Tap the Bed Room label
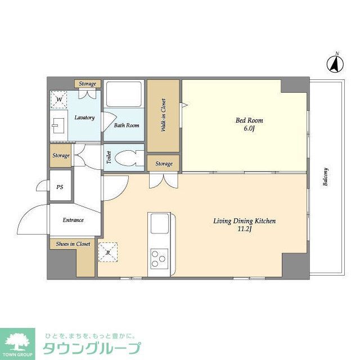(x=248, y=120)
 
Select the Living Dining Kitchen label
(x=244, y=221)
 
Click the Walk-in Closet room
(x=163, y=115)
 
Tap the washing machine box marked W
(x=58, y=100)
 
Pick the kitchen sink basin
(x=157, y=226)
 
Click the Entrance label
(x=73, y=220)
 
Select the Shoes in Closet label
(x=73, y=244)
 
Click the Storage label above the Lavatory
(x=87, y=84)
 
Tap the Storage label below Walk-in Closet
(x=164, y=164)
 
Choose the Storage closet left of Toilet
(x=61, y=155)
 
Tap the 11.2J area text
(x=244, y=229)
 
